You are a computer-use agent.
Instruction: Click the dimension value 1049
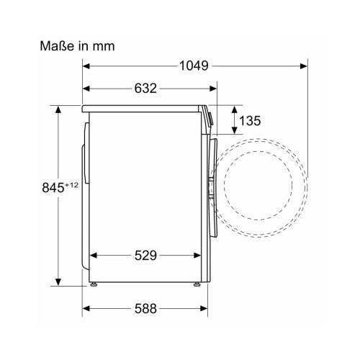tap(194, 66)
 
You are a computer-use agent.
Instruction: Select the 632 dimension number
tap(145, 89)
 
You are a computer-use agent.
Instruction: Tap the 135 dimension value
tap(250, 120)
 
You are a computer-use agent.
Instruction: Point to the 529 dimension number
tap(145, 256)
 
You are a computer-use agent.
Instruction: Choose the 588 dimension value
tap(145, 308)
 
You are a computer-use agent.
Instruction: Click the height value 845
tap(53, 188)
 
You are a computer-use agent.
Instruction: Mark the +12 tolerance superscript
tap(72, 185)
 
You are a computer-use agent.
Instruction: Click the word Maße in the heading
tap(56, 45)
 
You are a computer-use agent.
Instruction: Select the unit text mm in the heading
tap(104, 47)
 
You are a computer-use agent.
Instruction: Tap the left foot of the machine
tap(94, 284)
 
